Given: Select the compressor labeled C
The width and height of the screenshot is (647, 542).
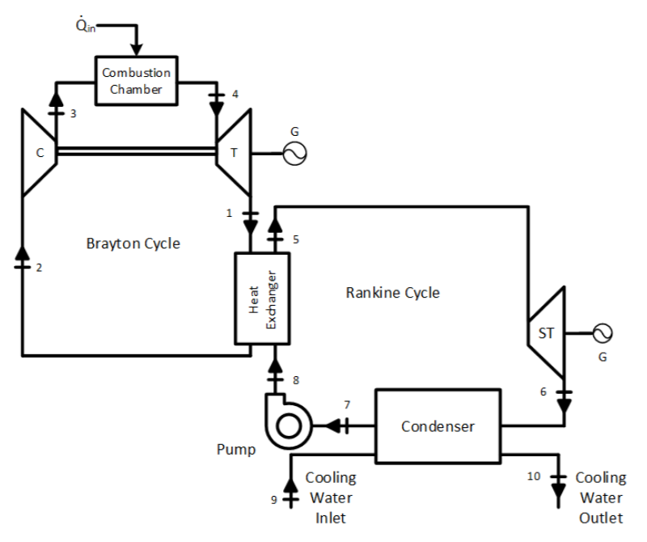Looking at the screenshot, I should pos(39,151).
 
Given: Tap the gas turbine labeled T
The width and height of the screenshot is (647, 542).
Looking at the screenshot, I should pos(233,151).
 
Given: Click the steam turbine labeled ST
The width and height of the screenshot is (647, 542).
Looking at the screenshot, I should pos(546,332).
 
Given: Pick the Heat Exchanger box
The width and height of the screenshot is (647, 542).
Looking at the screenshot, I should pos(261,300).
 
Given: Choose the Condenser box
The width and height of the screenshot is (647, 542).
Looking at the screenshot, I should pos(438,426).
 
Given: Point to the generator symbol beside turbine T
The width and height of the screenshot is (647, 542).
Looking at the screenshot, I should pos(294,152).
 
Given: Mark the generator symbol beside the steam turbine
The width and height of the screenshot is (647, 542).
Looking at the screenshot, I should pos(603,332).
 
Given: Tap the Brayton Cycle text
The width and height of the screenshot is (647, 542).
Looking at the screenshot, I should pos(133,243).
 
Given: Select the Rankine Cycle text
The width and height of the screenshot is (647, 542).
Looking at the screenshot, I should pos(392,292).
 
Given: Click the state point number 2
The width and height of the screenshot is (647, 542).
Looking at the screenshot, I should pos(37,267).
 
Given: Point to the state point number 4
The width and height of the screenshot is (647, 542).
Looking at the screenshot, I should pos(235,95).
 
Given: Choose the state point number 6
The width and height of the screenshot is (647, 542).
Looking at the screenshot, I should pos(544,392).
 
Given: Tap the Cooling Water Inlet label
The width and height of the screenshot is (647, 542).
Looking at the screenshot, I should pos(330,498).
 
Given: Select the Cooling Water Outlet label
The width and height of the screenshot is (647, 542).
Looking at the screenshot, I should pos(600,498).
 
